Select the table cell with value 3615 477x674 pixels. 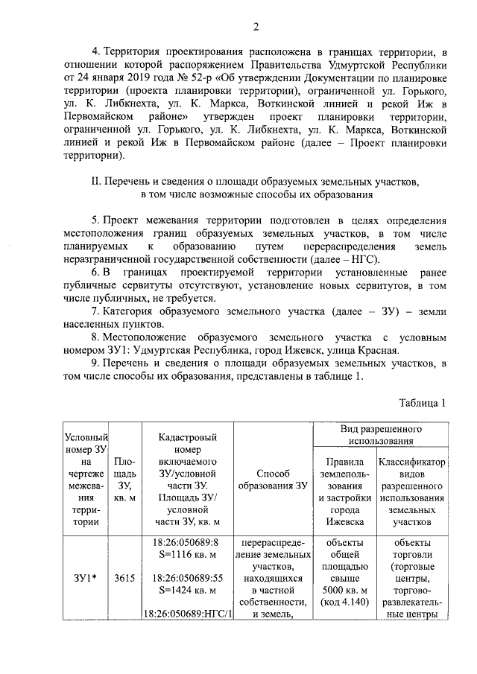pos(124,577)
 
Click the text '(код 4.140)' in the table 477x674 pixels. pos(345,603)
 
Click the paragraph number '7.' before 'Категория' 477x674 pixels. pos(95,311)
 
